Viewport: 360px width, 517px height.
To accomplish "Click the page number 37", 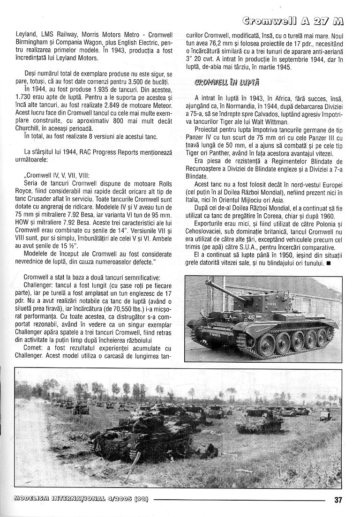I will (339, 499).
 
